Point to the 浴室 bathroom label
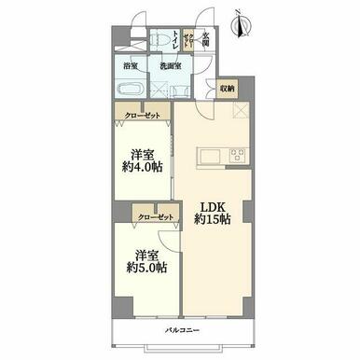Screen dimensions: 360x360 132,66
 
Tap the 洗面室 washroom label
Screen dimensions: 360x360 169,66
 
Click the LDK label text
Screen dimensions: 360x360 210,207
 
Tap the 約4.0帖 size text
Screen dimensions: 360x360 143,169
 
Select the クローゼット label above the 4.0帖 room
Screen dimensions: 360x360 142,115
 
